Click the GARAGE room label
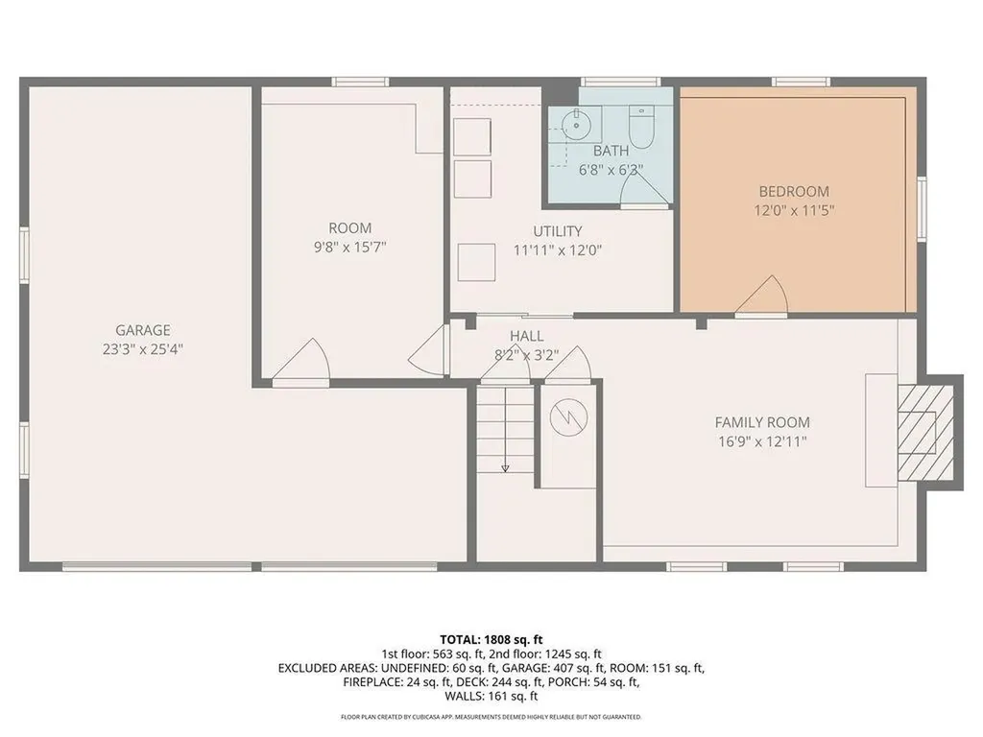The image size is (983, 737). [143, 329]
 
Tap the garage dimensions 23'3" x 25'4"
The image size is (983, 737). [143, 349]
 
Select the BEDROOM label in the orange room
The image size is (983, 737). [794, 191]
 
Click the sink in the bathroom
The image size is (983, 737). [576, 124]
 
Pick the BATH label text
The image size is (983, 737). [611, 151]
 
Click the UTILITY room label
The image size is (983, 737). [558, 231]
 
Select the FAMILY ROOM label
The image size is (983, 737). [762, 422]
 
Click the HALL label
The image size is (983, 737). [526, 336]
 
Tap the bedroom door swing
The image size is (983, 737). [766, 296]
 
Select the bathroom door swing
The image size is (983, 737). [641, 190]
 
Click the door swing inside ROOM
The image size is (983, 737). [308, 361]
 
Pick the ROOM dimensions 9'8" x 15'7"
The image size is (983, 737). [350, 248]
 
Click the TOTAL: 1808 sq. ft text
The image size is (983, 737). [491, 639]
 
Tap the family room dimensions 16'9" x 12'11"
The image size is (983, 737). [762, 442]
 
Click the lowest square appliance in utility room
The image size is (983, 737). [475, 262]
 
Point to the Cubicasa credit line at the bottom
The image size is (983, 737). [491, 717]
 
